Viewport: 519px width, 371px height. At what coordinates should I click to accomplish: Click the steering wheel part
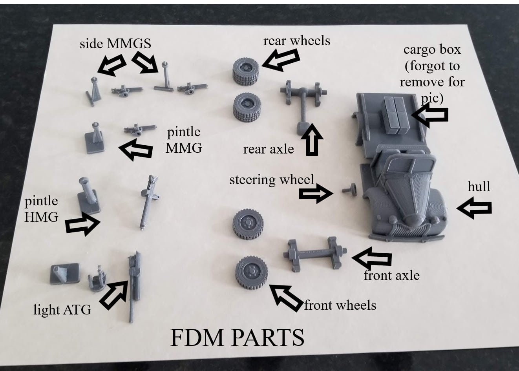(349, 189)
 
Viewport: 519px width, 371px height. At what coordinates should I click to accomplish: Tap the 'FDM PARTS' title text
(238, 338)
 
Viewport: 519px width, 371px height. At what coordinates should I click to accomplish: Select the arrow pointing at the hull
(474, 208)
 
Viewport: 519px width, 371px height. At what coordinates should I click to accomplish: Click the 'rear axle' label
(269, 149)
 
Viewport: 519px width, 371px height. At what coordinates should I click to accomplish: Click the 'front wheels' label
(340, 305)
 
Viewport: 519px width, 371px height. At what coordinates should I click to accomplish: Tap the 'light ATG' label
(62, 310)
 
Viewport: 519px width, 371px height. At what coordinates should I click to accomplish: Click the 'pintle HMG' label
(41, 209)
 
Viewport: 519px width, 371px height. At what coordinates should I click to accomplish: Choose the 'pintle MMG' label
(184, 140)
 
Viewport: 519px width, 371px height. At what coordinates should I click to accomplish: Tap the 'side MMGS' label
(115, 44)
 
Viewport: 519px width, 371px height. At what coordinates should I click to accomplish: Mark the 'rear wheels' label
(296, 41)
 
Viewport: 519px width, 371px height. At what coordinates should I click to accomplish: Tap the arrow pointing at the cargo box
(430, 114)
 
